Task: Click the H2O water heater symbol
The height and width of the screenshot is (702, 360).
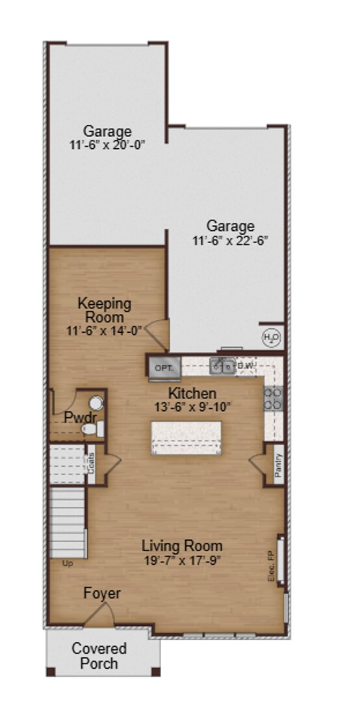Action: point(271,337)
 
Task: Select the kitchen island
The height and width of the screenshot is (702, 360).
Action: point(186,438)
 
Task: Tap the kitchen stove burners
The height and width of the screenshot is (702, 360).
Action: point(273,397)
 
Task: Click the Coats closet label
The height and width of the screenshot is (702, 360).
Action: point(92,463)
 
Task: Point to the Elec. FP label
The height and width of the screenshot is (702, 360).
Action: point(273,566)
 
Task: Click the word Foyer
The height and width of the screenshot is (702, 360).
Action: point(102,593)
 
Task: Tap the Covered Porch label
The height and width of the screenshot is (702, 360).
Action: point(99,656)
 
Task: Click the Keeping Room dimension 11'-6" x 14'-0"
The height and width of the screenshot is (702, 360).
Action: point(104,330)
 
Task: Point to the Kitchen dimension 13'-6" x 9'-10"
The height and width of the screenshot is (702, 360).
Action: point(192,407)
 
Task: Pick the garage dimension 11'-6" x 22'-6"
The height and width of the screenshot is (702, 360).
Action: point(230,240)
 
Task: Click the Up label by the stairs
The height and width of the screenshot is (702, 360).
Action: point(68,563)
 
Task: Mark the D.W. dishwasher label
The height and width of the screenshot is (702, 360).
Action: point(246,367)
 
